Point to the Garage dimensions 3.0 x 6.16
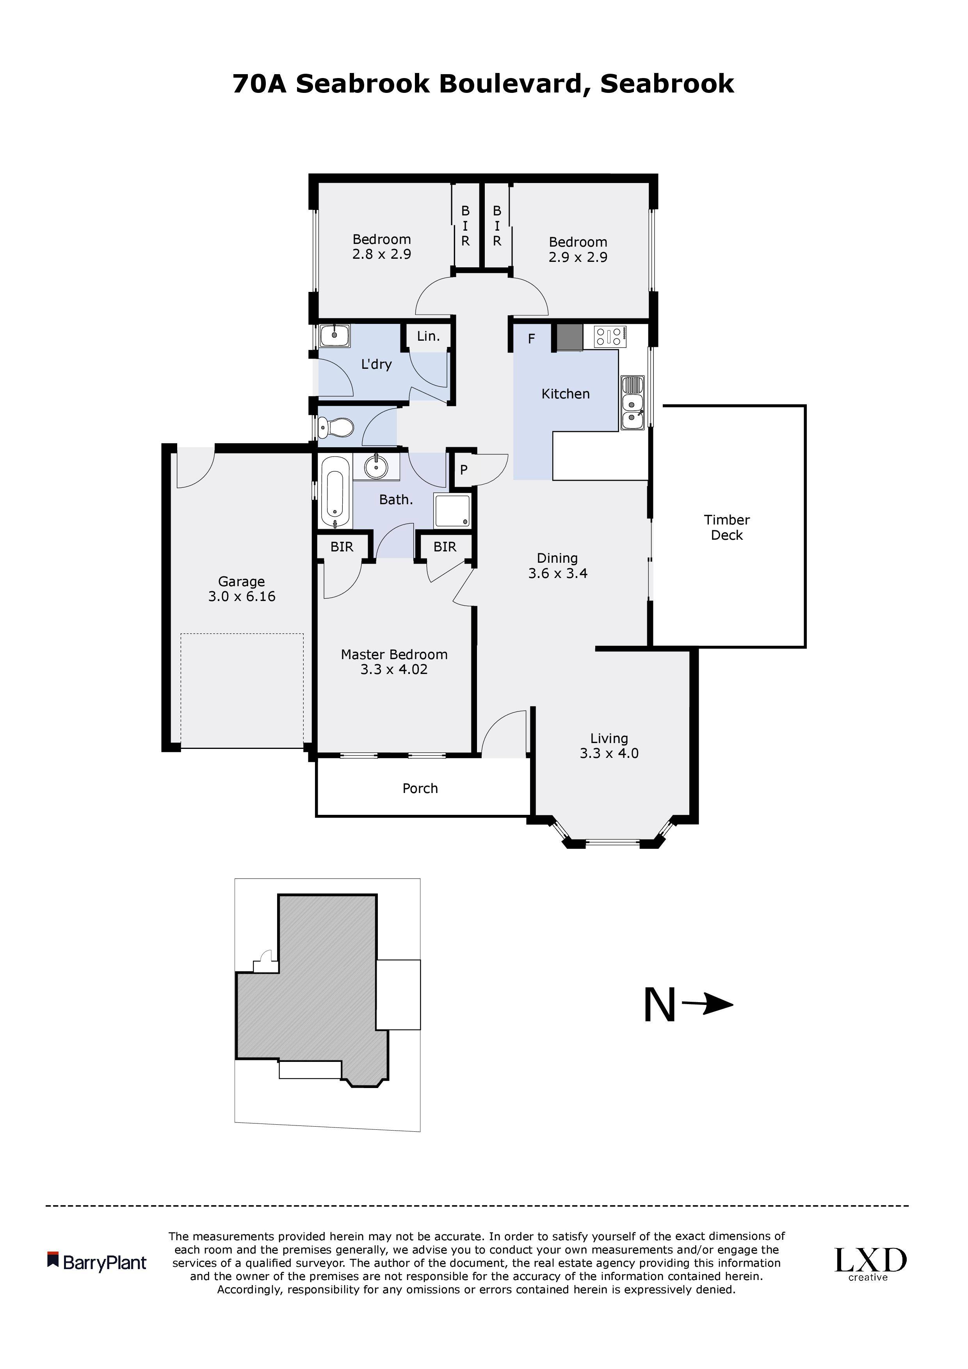[x=242, y=596]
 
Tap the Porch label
[x=420, y=788]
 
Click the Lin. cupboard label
[x=428, y=336]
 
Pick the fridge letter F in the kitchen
[x=531, y=339]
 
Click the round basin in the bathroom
[x=376, y=466]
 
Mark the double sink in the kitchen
[x=632, y=403]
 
